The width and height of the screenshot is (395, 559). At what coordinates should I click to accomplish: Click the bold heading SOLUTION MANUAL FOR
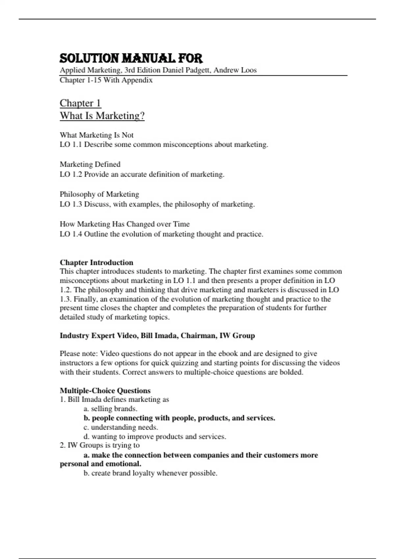click(x=131, y=59)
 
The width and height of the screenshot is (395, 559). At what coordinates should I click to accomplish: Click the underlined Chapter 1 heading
click(x=80, y=103)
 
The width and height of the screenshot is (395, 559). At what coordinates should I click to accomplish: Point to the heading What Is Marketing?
click(x=102, y=116)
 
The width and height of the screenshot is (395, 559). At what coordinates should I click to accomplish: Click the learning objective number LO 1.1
click(x=71, y=144)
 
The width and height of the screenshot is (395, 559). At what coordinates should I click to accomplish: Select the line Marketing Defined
click(x=90, y=164)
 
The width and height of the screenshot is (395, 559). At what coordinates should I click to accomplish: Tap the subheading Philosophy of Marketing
click(x=99, y=194)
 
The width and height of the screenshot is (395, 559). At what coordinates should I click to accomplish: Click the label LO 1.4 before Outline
click(x=71, y=234)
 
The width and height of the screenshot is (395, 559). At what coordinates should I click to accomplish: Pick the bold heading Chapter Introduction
click(x=96, y=262)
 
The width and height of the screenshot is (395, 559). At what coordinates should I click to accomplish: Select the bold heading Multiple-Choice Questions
click(x=105, y=390)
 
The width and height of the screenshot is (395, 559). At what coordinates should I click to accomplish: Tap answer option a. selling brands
click(x=110, y=409)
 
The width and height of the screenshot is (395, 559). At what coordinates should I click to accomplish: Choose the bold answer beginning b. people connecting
click(x=179, y=418)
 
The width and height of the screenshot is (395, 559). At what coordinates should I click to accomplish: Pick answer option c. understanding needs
click(x=121, y=427)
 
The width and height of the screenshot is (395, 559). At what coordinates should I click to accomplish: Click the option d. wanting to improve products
click(x=155, y=436)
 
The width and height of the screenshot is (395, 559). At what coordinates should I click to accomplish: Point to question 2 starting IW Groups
click(x=100, y=445)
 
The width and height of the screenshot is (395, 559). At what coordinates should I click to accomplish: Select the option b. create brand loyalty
click(x=150, y=473)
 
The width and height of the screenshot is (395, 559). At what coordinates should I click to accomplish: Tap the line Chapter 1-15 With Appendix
click(x=106, y=80)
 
